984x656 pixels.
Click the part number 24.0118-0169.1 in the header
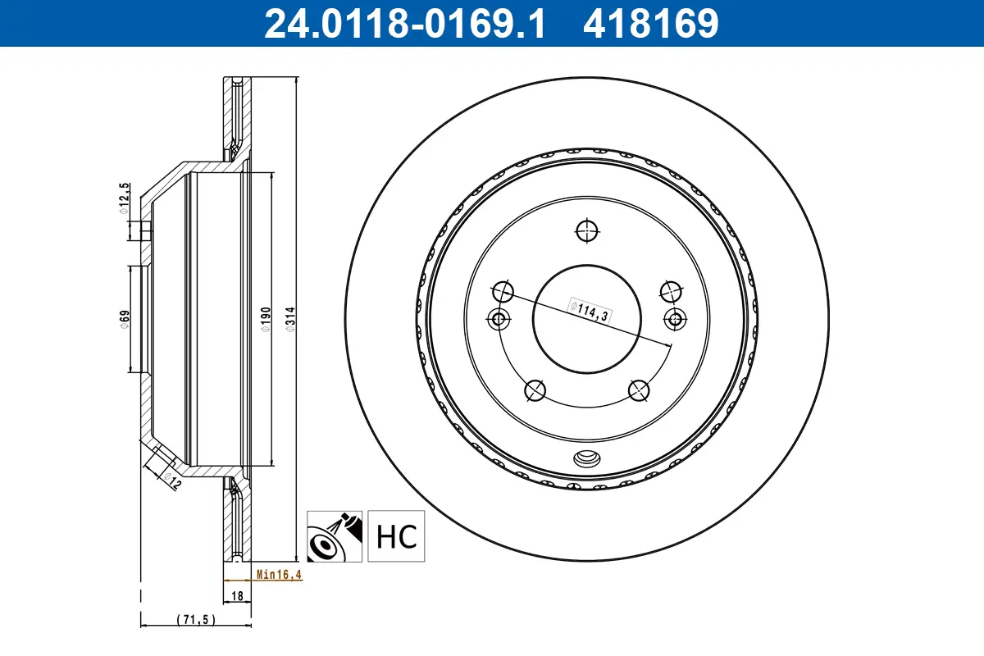click(x=403, y=23)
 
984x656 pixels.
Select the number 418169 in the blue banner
click(x=650, y=23)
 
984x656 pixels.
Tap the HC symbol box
click(x=397, y=536)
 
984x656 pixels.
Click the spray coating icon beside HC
click(x=335, y=536)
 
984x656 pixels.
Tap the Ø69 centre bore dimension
click(x=124, y=319)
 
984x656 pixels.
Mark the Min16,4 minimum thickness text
click(x=279, y=575)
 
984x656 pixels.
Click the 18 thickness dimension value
click(x=237, y=597)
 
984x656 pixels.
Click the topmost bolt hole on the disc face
click(x=587, y=231)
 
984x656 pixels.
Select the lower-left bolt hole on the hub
click(x=535, y=391)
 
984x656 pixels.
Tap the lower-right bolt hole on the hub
click(x=640, y=390)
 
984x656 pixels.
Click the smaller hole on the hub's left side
click(x=497, y=319)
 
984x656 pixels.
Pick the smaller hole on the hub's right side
click(x=677, y=319)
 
